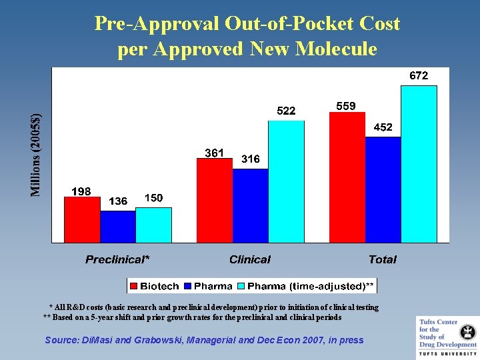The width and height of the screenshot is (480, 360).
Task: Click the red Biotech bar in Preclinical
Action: [82, 219]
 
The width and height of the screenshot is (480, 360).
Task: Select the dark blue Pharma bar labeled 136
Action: [117, 226]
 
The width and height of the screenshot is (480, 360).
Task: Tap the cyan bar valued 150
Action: [153, 225]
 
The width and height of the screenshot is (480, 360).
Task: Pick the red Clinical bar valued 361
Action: [215, 201]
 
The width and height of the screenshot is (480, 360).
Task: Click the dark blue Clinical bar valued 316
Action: [250, 205]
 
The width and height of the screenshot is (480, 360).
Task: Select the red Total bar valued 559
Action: [347, 177]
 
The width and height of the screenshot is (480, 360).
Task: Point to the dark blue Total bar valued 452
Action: [383, 189]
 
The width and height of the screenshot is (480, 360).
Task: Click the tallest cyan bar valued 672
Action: [419, 163]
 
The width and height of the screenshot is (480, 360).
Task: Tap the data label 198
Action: [81, 191]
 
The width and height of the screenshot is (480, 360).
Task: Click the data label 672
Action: [418, 76]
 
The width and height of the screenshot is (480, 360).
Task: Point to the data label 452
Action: [383, 127]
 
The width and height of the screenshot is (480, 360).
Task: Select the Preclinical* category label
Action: [117, 259]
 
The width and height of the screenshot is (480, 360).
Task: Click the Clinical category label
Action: [250, 259]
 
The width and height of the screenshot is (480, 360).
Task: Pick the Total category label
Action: [383, 259]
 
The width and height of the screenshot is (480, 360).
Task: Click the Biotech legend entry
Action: [155, 286]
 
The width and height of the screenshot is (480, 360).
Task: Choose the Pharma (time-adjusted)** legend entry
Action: [306, 286]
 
